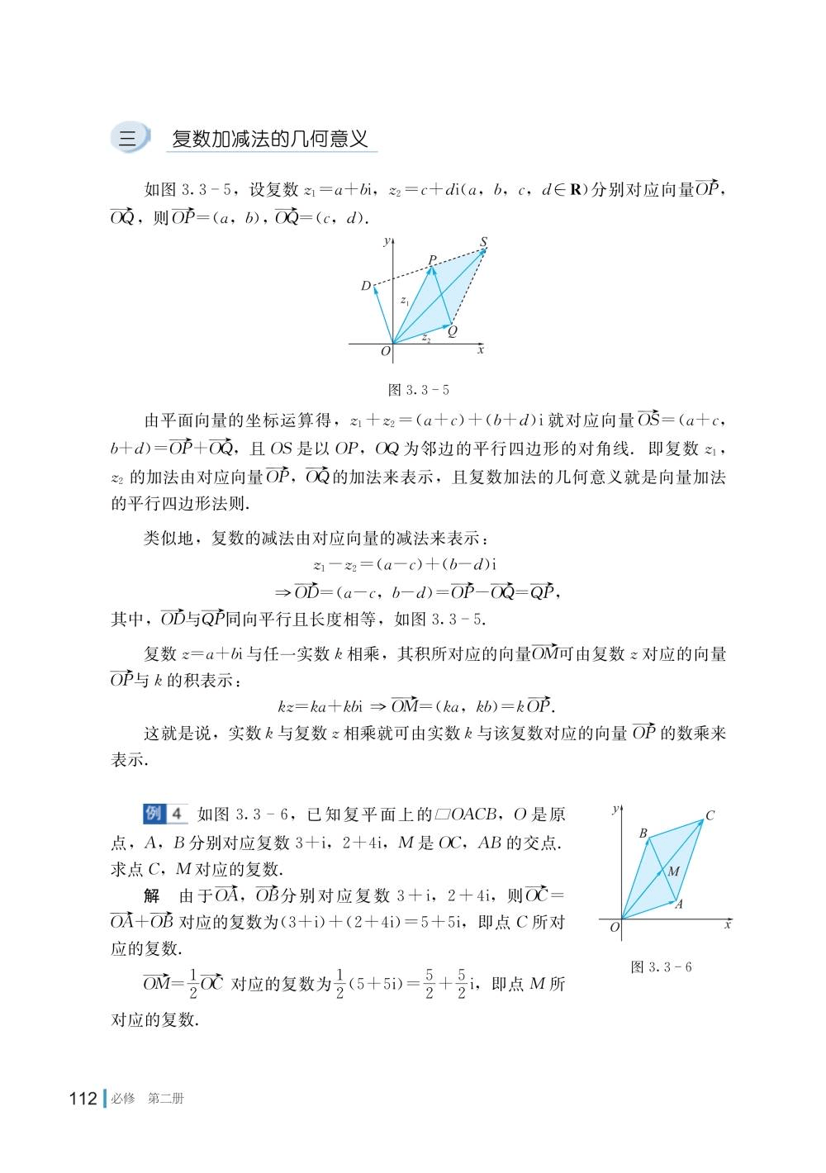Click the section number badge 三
(128, 138)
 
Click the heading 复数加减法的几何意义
(269, 138)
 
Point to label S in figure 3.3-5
(483, 242)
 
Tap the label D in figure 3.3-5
(365, 286)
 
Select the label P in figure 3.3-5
(432, 260)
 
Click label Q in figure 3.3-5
(453, 331)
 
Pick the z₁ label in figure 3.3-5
(405, 302)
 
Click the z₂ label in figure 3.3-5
(426, 337)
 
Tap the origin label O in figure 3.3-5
(385, 351)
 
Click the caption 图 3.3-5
(419, 390)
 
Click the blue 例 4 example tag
(165, 814)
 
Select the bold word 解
(151, 895)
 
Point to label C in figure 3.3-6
(710, 816)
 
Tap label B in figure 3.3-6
(643, 833)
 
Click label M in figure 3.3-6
(673, 871)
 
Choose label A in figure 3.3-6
(679, 905)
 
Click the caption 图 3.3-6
(661, 967)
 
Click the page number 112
(83, 1099)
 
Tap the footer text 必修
(123, 1099)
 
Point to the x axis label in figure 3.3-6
(727, 925)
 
